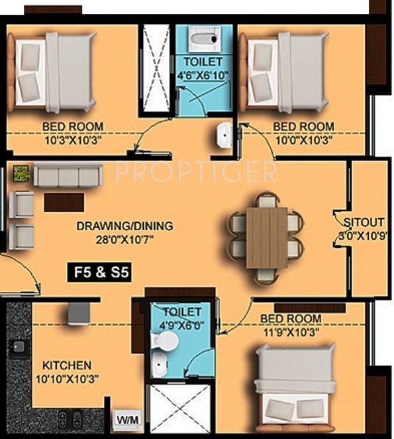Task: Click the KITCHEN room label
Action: tap(67, 365)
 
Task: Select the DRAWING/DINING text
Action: tap(124, 226)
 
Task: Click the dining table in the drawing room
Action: tap(266, 237)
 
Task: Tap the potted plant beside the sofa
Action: tap(21, 173)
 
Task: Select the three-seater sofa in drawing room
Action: tap(68, 176)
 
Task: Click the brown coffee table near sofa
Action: tap(64, 202)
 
